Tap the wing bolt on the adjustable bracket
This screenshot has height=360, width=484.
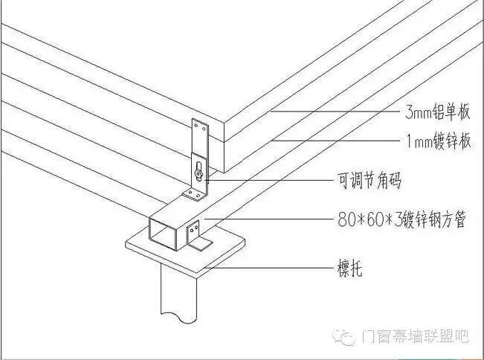199,173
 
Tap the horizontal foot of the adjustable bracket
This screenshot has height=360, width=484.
193,196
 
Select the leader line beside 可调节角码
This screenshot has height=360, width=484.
268,179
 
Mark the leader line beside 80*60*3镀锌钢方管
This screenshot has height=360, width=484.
268,220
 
